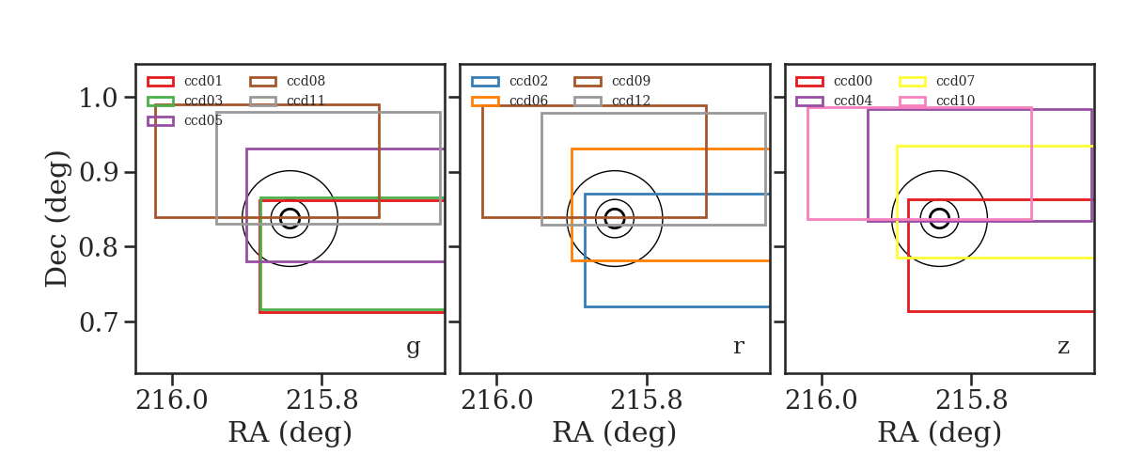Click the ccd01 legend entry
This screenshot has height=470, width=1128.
pos(203,81)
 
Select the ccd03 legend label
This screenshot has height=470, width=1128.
pos(203,101)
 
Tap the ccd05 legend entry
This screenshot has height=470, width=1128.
pos(203,121)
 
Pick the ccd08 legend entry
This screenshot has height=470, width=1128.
pos(305,81)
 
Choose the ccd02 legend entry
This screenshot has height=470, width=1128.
pos(528,81)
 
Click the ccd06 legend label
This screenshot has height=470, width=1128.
pos(528,101)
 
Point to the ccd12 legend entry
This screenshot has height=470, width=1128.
pos(631,101)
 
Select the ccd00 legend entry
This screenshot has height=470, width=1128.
pos(854,81)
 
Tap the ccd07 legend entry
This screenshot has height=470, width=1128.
pos(955,81)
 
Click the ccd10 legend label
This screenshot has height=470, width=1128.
pos(955,101)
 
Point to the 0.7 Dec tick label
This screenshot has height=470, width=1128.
pos(98,322)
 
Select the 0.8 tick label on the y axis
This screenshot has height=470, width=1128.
pos(98,247)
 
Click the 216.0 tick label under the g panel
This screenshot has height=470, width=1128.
pos(172,400)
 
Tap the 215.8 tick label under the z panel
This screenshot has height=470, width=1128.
pos(971,400)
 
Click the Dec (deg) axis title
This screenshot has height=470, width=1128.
pos(55,219)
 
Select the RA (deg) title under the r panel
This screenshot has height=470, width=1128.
pos(615,432)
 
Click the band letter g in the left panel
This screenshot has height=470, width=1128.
pos(413,347)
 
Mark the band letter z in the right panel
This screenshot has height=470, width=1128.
pos(1063,347)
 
